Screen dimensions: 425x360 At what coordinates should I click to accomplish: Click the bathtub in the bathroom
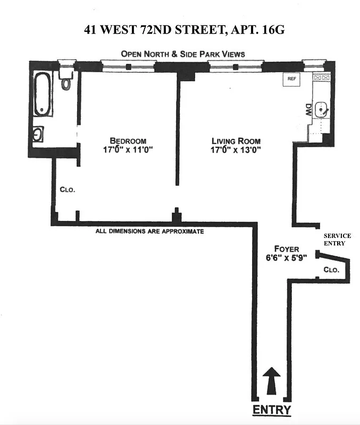click(x=44, y=94)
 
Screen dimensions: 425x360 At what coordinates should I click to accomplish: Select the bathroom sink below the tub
click(x=39, y=134)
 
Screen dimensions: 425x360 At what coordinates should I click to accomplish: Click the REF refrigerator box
click(x=291, y=79)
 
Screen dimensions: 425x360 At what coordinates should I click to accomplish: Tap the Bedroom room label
click(x=128, y=141)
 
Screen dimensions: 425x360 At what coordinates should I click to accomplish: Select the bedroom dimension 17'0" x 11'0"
click(x=128, y=150)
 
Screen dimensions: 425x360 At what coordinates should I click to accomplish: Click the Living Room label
click(x=236, y=141)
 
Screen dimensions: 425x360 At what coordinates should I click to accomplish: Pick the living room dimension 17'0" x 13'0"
click(x=236, y=150)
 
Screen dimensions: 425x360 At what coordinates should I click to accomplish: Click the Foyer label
click(x=286, y=249)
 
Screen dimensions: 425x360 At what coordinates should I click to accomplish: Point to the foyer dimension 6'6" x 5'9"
click(x=286, y=258)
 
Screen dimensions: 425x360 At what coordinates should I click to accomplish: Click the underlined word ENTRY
click(x=271, y=410)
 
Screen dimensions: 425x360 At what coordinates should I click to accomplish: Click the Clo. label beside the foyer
click(x=331, y=270)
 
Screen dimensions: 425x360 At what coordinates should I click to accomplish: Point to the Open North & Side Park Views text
click(x=182, y=54)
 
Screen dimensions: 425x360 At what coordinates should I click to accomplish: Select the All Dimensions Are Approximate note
click(x=149, y=232)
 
